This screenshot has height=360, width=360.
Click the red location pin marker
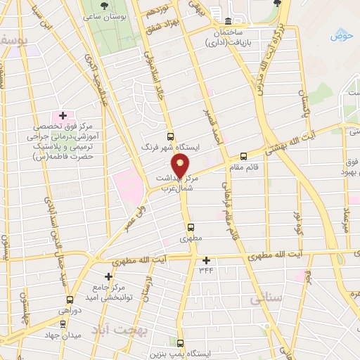pyautogui.click(x=181, y=166)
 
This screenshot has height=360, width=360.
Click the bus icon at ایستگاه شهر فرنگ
pyautogui.click(x=169, y=136)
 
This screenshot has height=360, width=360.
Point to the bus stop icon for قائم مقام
pyautogui.click(x=243, y=156)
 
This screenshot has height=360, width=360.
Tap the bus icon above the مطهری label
pyautogui.click(x=190, y=227)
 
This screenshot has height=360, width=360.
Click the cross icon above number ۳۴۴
pyautogui.click(x=205, y=260)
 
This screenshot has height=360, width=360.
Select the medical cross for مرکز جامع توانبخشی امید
pyautogui.click(x=108, y=276)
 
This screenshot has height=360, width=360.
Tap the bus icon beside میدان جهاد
pyautogui.click(x=63, y=323)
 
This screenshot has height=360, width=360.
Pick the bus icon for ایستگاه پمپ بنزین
pyautogui.click(x=181, y=344)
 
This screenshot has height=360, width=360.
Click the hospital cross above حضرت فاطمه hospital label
pyautogui.click(x=62, y=115)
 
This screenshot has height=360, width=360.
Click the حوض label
pyautogui.click(x=342, y=34)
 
